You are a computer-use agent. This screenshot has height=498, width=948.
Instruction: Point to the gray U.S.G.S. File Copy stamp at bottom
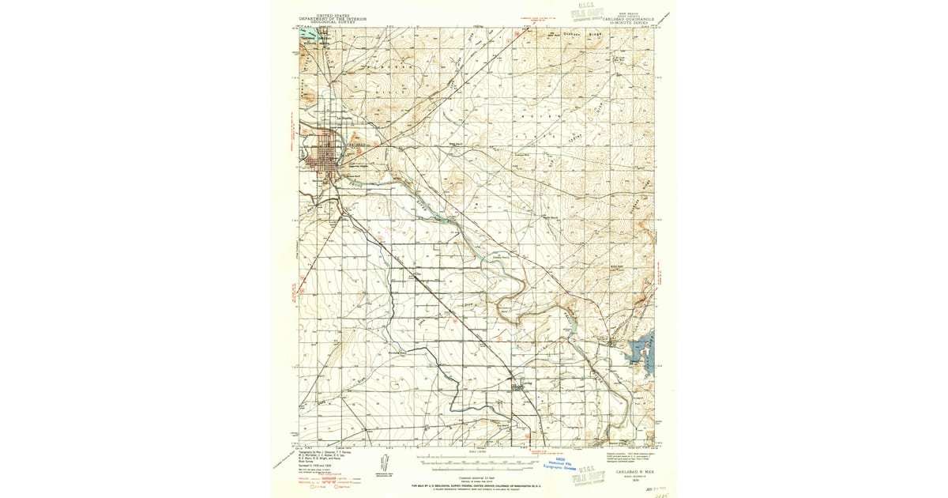click(592, 473)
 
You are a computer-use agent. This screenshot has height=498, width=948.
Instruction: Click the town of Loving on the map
click(520, 386)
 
